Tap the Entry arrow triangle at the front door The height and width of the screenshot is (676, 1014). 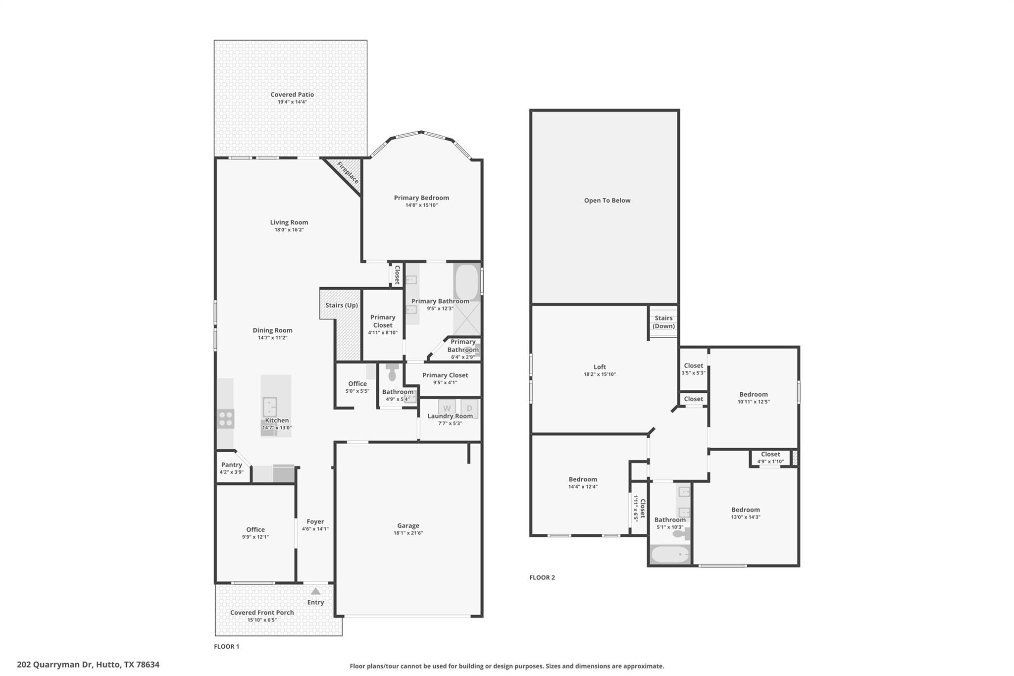coord(315,591)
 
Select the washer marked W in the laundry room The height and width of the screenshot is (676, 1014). coord(447,408)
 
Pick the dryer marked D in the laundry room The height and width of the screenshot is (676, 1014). coord(469,408)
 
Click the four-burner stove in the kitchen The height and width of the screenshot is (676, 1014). coord(225,419)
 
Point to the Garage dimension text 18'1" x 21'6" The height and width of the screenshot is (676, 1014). coord(408,533)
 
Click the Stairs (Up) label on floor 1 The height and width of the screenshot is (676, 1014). coord(342,305)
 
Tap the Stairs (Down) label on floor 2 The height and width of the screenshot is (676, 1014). coord(663,322)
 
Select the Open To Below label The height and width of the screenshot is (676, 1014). coord(607,201)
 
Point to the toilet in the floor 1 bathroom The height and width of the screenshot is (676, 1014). coord(393,372)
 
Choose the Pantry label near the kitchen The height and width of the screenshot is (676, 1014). coord(231,465)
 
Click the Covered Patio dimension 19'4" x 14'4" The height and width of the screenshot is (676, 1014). coord(292,102)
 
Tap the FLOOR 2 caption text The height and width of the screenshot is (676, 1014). coord(542,577)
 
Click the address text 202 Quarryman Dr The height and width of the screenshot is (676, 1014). coord(88,665)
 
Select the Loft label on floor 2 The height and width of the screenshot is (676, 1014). coord(600,367)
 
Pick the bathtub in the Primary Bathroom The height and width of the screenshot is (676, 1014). coord(466,282)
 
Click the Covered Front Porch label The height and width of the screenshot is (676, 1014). coord(262,613)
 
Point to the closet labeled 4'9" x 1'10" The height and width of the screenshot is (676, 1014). coord(770,458)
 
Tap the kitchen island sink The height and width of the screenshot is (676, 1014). coord(269,407)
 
